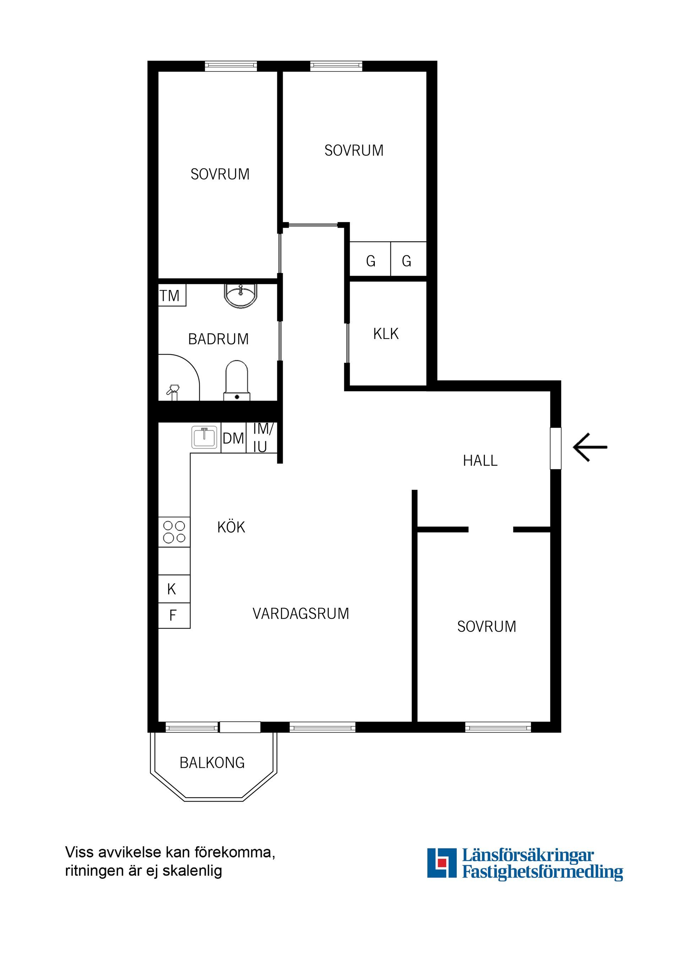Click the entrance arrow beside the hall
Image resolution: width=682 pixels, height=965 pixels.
(x=590, y=447)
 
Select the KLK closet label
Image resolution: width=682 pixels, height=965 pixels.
(x=385, y=334)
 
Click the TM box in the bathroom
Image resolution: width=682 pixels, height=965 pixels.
(x=170, y=296)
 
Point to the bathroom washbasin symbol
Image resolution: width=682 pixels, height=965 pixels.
(x=240, y=296)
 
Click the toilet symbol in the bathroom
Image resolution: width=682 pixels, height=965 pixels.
(x=237, y=381)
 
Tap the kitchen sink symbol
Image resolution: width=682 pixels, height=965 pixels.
(x=205, y=437)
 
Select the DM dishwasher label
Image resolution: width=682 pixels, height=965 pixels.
(x=233, y=438)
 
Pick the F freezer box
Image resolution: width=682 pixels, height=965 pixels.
(x=173, y=616)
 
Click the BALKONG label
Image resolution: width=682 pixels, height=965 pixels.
(x=212, y=763)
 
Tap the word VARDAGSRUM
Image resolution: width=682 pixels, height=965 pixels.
(x=301, y=614)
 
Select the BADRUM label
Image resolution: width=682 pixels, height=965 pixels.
(x=218, y=339)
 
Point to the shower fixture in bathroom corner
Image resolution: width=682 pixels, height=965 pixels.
(x=173, y=391)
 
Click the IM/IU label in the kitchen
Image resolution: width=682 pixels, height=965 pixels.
(x=262, y=437)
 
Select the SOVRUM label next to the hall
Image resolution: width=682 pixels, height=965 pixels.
(x=486, y=627)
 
